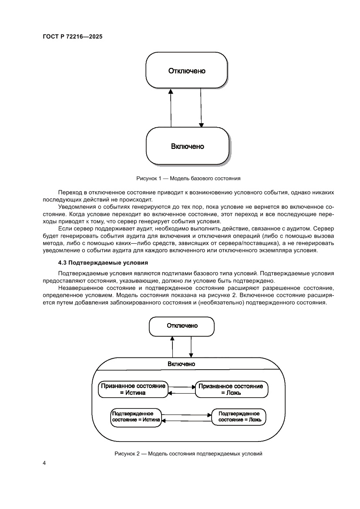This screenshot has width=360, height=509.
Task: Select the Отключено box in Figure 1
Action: point(187,71)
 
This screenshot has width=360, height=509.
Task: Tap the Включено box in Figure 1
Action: point(187,146)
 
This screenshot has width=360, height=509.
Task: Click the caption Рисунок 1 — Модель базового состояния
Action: point(188,178)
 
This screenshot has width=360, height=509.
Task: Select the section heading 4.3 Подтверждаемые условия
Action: point(103,263)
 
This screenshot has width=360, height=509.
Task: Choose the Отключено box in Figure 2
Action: point(182,326)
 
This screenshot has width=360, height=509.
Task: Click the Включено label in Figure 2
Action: point(182,364)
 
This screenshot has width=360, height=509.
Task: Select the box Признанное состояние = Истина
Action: point(132,389)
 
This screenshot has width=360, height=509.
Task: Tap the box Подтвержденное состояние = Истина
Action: point(135,417)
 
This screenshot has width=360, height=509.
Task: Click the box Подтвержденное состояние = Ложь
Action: point(239,417)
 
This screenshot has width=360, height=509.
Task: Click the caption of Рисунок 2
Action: point(188,454)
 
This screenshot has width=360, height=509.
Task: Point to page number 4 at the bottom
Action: point(44,463)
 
